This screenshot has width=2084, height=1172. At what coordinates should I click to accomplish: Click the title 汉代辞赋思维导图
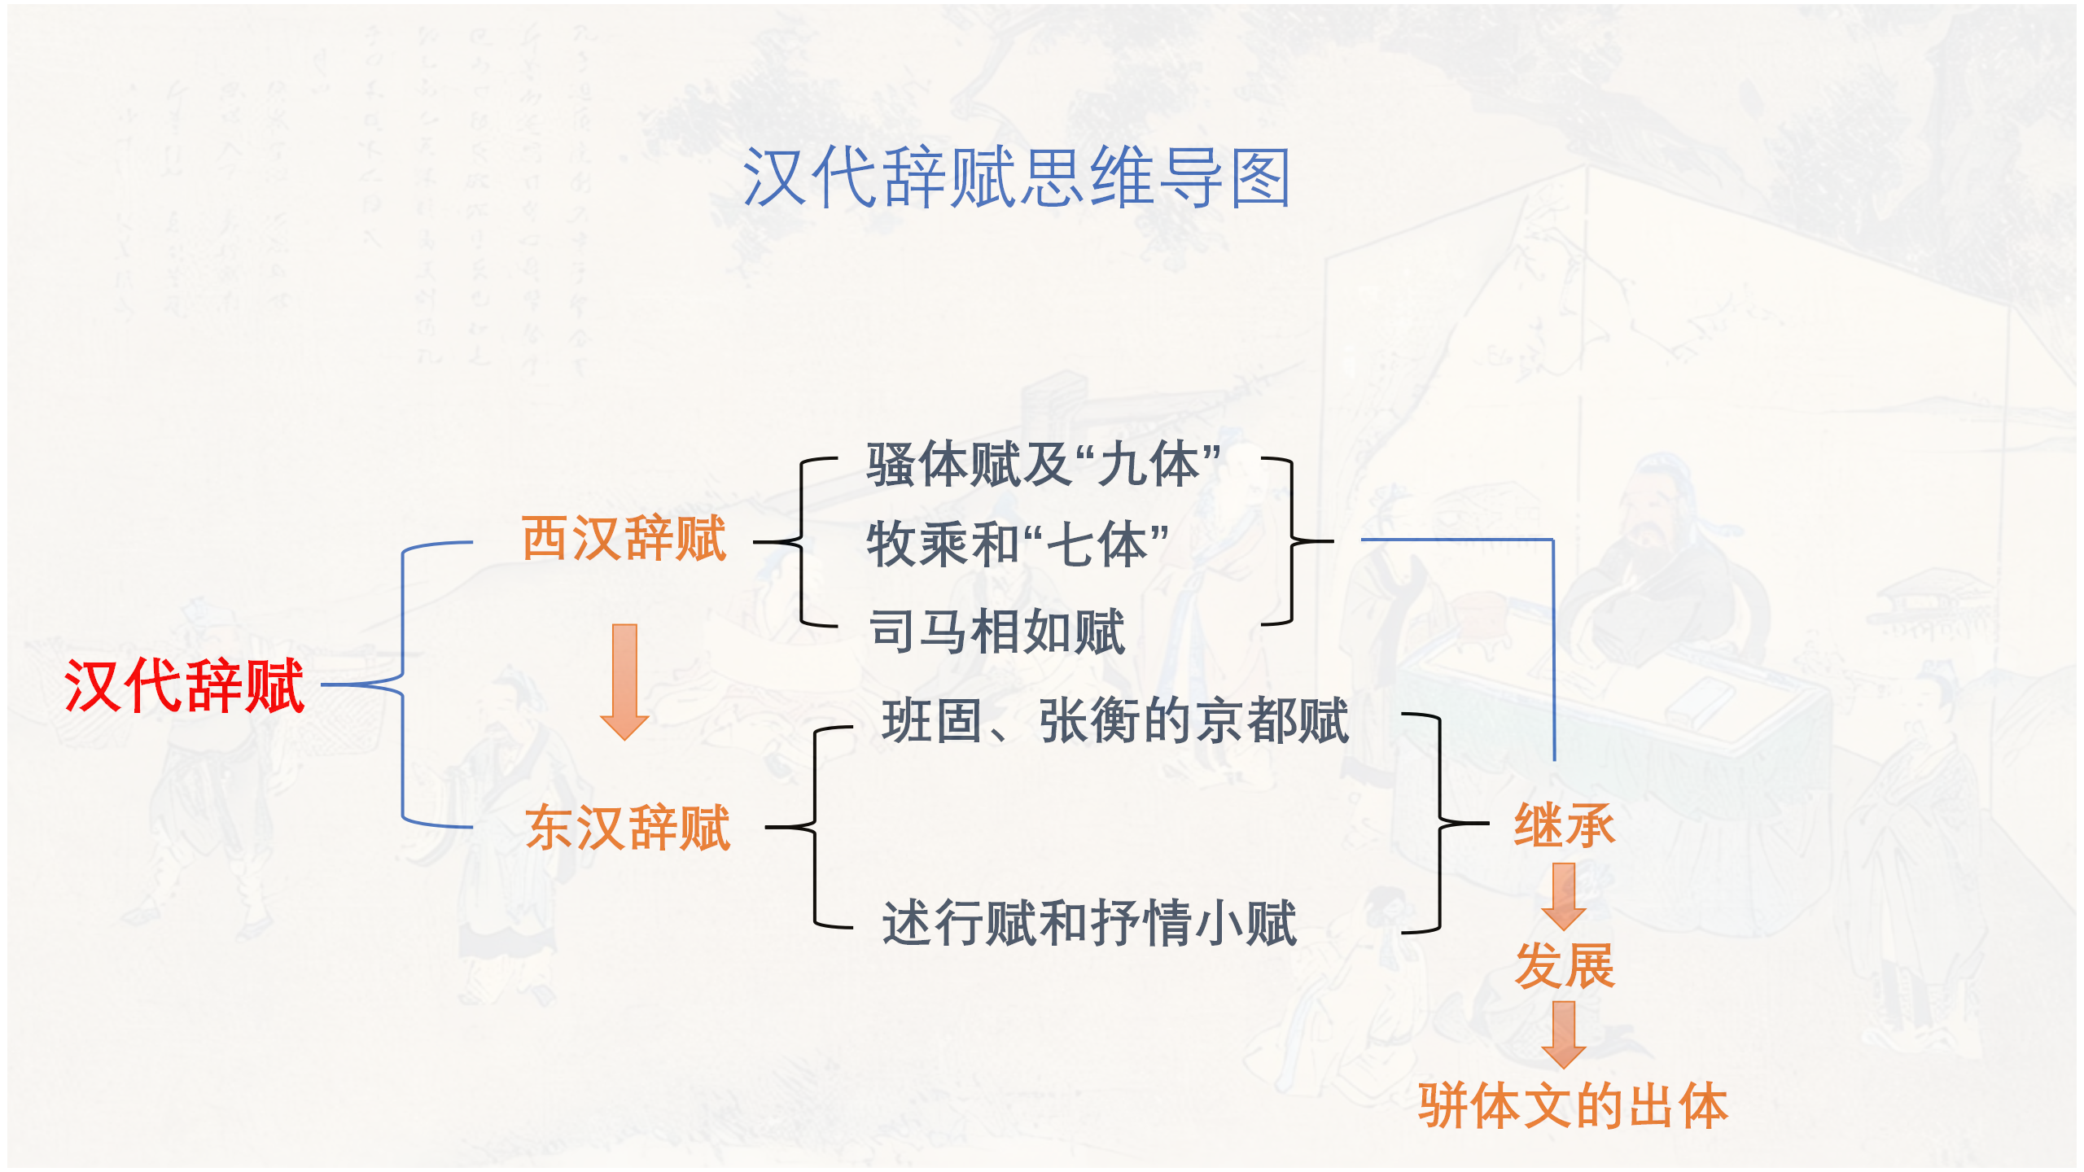tap(1016, 177)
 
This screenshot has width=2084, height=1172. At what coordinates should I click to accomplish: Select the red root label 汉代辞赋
tap(185, 686)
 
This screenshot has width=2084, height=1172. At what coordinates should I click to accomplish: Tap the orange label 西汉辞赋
tap(624, 539)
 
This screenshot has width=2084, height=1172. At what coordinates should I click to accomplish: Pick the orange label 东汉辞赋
tap(628, 828)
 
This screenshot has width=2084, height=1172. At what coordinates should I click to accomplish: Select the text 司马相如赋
tap(996, 632)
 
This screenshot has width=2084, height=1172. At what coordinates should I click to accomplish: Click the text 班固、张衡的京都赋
tap(1115, 721)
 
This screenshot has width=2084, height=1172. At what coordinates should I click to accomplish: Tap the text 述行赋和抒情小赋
tap(1089, 923)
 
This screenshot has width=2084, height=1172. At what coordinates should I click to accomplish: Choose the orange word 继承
tap(1564, 825)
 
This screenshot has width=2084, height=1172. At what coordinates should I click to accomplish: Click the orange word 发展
tap(1564, 966)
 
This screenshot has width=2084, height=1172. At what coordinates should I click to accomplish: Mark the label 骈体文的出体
tap(1573, 1106)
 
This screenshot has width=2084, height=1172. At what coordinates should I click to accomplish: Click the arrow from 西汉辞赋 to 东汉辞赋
tap(624, 681)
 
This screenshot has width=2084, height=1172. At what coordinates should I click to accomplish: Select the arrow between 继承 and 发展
tap(1564, 896)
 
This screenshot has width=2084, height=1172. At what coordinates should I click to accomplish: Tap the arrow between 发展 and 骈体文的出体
tap(1564, 1034)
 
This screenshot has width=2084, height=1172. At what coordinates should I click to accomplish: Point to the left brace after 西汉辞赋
tap(802, 541)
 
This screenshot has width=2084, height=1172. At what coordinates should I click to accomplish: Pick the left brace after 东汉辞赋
tap(815, 827)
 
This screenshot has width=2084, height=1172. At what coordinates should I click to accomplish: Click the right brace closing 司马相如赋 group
tap(1291, 541)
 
